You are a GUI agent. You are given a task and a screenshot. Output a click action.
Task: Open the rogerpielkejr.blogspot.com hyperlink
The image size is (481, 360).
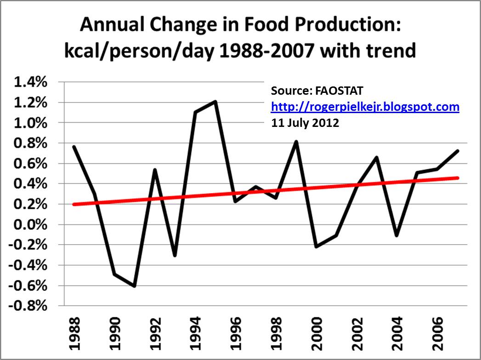coord(365,107)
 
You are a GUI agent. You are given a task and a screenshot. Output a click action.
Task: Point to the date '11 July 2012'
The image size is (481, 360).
coord(305,123)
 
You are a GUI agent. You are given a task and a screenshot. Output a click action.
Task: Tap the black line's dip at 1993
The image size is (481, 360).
coord(175,255)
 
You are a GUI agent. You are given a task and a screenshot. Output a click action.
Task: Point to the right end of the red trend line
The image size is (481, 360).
coord(458,177)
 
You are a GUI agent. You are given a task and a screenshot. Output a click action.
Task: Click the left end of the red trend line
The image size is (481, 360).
coord(74,204)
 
